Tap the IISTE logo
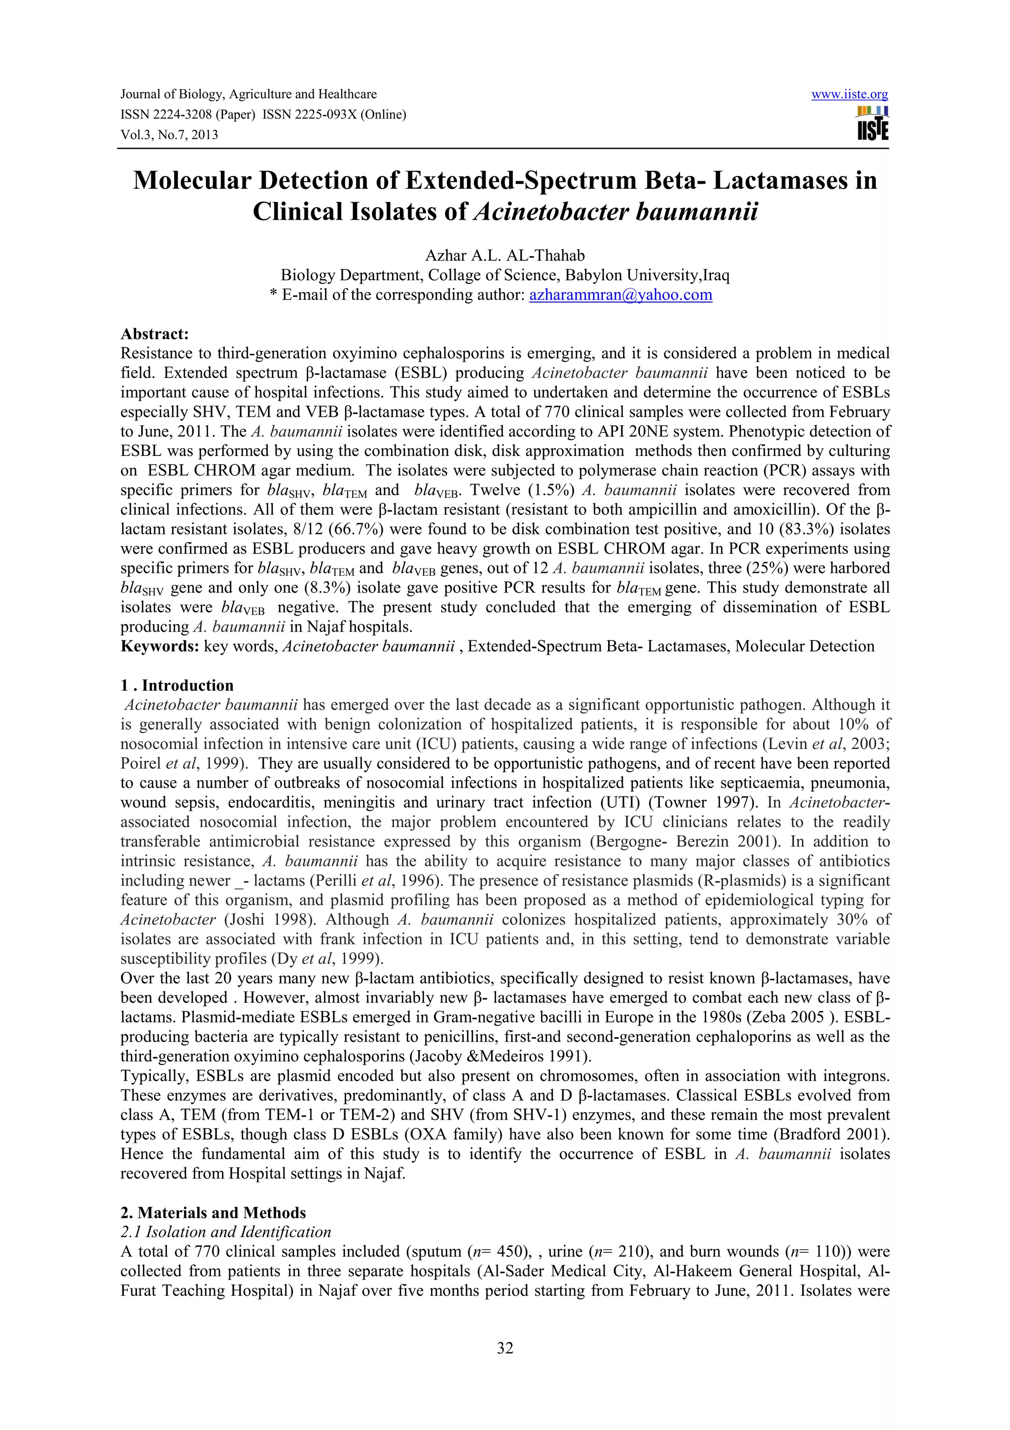point(872,123)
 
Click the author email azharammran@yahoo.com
point(620,295)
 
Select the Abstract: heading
point(154,334)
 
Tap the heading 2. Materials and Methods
point(213,1212)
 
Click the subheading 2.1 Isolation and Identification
point(225,1232)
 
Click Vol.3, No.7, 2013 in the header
point(169,135)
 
